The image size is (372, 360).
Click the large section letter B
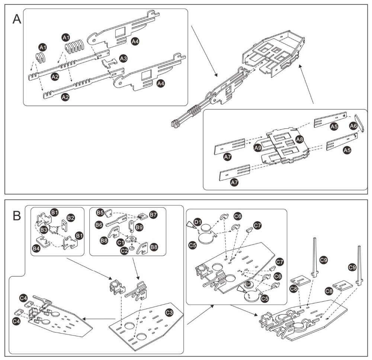[16, 215]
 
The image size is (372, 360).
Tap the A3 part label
[124, 58]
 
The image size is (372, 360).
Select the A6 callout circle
[353, 126]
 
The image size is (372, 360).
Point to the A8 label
[299, 139]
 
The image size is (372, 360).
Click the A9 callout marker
[258, 148]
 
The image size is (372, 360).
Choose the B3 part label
[44, 230]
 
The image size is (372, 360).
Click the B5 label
[100, 213]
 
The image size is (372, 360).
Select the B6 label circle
[99, 225]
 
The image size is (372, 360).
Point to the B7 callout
[153, 215]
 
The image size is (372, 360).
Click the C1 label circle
[121, 242]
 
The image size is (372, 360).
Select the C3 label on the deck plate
[169, 312]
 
